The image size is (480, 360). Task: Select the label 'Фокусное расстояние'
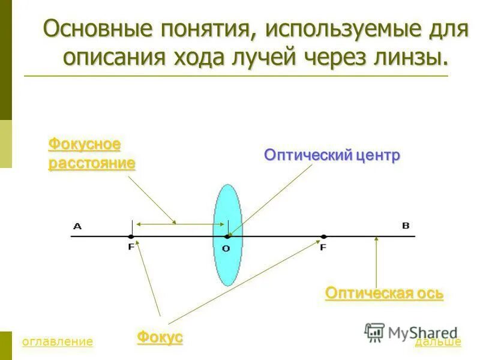tap(91, 154)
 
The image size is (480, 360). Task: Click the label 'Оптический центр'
tap(332, 155)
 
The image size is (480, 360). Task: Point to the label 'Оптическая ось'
tap(384, 293)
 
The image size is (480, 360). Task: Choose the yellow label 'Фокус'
tap(160, 337)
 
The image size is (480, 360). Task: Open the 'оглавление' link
tap(57, 342)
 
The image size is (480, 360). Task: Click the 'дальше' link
tap(438, 342)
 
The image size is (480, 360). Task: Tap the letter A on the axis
tap(77, 226)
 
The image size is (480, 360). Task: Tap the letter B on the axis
tap(405, 226)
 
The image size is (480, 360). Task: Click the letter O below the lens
tap(226, 248)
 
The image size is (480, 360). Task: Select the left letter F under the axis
tap(131, 247)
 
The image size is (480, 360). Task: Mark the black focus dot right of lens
tap(323, 236)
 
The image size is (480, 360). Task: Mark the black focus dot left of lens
tap(131, 236)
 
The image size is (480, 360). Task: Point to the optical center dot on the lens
tap(227, 236)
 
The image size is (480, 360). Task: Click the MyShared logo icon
tap(374, 332)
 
